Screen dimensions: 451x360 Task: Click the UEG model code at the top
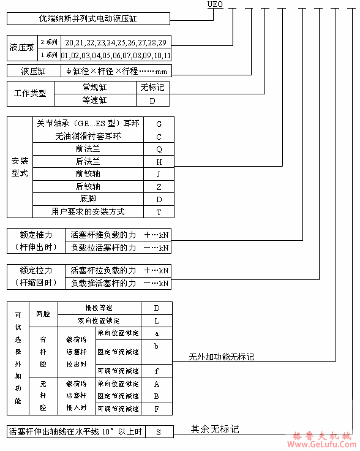pos(216,4)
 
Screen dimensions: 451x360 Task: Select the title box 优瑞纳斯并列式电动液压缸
pos(87,19)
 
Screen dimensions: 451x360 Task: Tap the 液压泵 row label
pos(22,48)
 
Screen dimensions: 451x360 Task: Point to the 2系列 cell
pos(48,42)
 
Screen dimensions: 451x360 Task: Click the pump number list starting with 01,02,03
pos(116,55)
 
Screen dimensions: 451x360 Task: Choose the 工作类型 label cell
pos(30,94)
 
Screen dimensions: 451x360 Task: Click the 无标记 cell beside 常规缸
pos(152,88)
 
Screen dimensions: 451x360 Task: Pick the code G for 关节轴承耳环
pos(159,124)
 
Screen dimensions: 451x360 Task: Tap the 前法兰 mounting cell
pos(88,149)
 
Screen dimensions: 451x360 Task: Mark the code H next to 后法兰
pos(159,162)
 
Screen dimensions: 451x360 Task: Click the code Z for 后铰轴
pos(159,187)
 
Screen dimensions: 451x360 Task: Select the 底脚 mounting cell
pos(88,199)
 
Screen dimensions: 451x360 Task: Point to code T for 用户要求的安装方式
pos(159,211)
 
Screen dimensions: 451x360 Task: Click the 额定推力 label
pos(36,235)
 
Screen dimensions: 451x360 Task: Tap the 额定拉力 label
pos(36,270)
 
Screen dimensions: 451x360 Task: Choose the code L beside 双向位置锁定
pos(157,320)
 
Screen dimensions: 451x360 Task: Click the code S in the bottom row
pos(158,432)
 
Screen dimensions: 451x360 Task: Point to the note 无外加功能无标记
pos(221,357)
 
